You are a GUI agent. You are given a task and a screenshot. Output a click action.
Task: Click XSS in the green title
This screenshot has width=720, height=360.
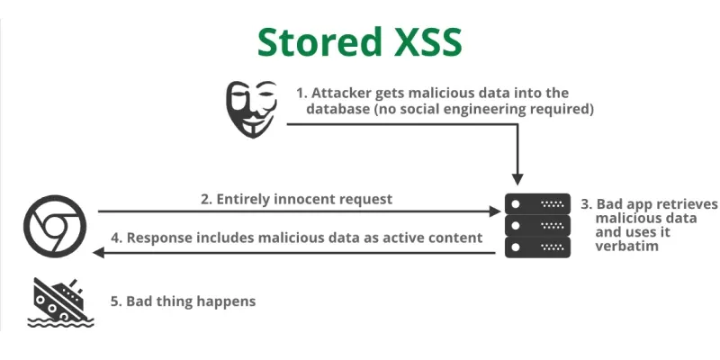pyautogui.click(x=424, y=41)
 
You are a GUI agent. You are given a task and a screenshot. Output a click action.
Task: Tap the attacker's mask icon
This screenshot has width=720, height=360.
pyautogui.click(x=251, y=109)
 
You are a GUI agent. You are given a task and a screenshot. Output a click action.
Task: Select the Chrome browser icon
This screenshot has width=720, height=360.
pyautogui.click(x=55, y=226)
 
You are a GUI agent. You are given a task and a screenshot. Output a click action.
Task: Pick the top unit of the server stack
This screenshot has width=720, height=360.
pyautogui.click(x=537, y=204)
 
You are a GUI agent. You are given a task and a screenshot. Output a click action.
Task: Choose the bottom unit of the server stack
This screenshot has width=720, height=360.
pyautogui.click(x=537, y=247)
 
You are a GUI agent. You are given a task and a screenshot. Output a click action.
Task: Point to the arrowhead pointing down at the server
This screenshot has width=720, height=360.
pyautogui.click(x=517, y=179)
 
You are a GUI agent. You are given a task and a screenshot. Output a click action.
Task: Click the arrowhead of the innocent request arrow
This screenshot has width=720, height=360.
pyautogui.click(x=494, y=211)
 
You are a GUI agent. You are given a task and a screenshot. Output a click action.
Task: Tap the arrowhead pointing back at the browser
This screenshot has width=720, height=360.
pyautogui.click(x=98, y=253)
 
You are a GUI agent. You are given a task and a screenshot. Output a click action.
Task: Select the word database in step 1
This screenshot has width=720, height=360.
pyautogui.click(x=337, y=110)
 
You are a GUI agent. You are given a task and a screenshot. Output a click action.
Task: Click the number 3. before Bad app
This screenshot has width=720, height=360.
pyautogui.click(x=587, y=204)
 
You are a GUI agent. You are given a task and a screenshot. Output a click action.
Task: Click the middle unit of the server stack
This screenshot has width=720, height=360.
pyautogui.click(x=537, y=226)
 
